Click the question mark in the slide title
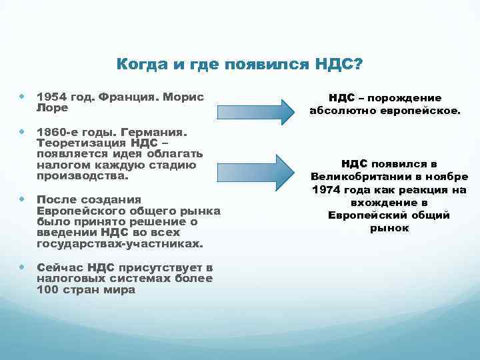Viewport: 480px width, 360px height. (x=359, y=64)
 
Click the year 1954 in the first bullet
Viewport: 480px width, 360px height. (x=51, y=97)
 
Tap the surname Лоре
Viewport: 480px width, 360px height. (x=51, y=107)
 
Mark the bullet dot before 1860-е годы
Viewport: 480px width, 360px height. (x=23, y=133)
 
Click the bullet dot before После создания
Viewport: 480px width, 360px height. (x=23, y=199)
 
